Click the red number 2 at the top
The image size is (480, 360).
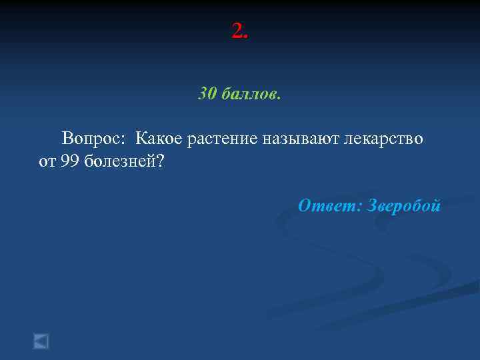(237, 30)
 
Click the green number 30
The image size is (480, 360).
(207, 94)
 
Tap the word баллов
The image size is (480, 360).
(247, 94)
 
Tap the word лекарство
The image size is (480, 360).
(383, 139)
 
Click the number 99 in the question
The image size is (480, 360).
(69, 162)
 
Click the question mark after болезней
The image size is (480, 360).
(160, 162)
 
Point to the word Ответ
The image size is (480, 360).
(327, 206)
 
